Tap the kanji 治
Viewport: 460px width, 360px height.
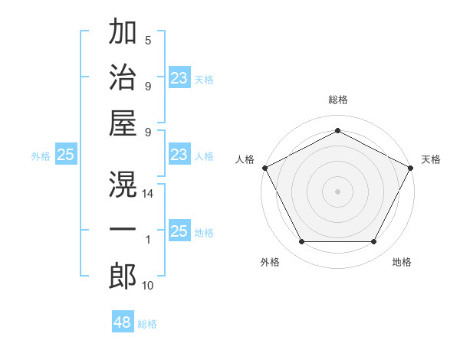point(123,77)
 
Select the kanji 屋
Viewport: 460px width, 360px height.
point(123,123)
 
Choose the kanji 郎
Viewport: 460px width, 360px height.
point(123,276)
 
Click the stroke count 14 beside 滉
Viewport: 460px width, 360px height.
point(149,195)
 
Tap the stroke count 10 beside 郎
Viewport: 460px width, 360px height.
point(149,286)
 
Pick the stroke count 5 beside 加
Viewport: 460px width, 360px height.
point(148,41)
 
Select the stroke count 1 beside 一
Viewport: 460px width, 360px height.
point(148,241)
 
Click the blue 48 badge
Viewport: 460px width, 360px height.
point(123,322)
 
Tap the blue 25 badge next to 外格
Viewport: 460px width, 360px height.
point(65,155)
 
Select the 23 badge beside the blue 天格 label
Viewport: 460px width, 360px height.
point(179,78)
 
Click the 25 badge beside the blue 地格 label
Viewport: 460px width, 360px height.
point(179,231)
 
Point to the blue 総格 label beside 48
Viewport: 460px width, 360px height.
point(147,324)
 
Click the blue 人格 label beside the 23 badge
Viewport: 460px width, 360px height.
point(204,155)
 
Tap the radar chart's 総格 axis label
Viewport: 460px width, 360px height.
point(337,100)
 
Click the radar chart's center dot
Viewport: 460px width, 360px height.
point(337,191)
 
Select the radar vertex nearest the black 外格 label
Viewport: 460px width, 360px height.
point(301,242)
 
